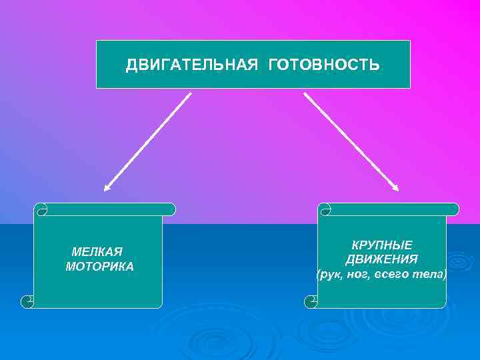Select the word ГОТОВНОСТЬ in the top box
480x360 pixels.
(325, 65)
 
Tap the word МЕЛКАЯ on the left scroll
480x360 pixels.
(97, 252)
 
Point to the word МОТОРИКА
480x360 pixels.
(100, 267)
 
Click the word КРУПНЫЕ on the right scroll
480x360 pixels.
(382, 245)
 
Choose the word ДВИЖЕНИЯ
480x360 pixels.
(382, 259)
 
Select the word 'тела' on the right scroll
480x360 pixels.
(430, 274)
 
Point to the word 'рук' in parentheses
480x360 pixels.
(331, 274)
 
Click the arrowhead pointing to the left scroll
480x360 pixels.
(107, 187)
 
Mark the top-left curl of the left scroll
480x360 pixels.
(41, 210)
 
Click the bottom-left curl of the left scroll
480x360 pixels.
(28, 301)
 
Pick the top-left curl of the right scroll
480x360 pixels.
(325, 210)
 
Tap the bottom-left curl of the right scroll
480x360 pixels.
(311, 301)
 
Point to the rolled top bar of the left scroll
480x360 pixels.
(107, 209)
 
